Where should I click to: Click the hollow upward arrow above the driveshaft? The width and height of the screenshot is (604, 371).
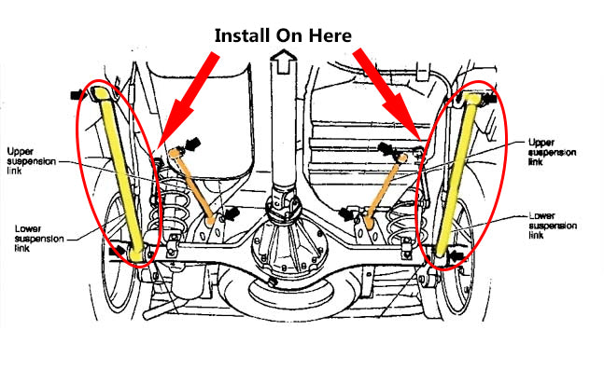[283, 62]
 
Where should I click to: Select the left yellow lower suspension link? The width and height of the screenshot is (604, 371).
[118, 174]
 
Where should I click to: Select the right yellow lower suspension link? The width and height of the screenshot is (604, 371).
[457, 175]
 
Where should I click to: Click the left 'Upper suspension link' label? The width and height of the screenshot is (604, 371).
[31, 161]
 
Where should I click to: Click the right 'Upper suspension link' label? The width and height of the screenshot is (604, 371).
[552, 152]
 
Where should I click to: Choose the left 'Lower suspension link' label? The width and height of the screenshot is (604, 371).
[39, 239]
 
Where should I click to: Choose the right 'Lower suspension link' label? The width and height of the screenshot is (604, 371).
[553, 226]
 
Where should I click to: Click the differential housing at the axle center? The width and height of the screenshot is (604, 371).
[288, 247]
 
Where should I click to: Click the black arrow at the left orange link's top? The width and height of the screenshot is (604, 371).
[192, 144]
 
